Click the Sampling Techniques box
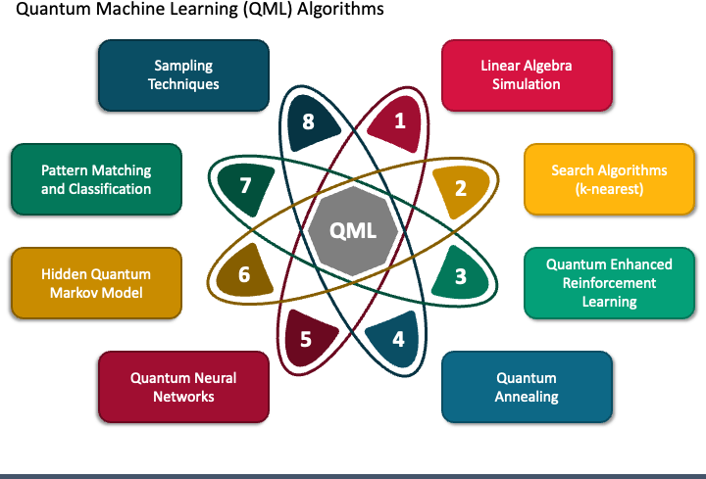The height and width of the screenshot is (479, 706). click(x=183, y=74)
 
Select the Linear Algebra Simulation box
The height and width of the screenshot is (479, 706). click(x=527, y=74)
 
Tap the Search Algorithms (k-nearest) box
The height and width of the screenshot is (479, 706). click(x=609, y=178)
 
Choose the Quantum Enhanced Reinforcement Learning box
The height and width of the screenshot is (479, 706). click(x=609, y=282)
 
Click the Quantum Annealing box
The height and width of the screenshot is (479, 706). click(x=527, y=387)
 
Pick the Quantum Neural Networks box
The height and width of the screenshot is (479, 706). click(x=183, y=387)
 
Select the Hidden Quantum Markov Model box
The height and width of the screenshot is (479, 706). click(x=96, y=283)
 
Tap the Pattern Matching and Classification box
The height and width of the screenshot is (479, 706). click(x=96, y=178)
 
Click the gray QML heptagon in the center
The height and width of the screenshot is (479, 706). click(x=352, y=231)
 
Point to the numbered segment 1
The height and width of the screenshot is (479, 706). click(x=398, y=121)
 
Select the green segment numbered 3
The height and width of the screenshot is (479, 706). click(x=459, y=276)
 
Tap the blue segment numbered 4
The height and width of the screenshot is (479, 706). click(x=397, y=339)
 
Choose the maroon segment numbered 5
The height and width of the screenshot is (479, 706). click(x=306, y=339)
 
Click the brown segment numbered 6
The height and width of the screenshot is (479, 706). click(x=245, y=275)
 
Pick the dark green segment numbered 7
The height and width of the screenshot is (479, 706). click(x=245, y=185)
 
